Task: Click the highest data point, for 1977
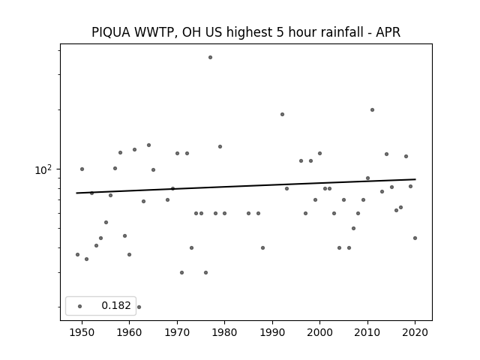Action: (x=210, y=57)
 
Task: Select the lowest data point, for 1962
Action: (x=139, y=307)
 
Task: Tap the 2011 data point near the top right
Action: (x=372, y=110)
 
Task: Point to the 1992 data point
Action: (x=282, y=115)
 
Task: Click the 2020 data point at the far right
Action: (x=415, y=238)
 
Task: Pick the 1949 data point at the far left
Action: (x=77, y=255)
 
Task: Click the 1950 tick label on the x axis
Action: (x=82, y=333)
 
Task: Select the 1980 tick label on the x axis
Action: (x=224, y=333)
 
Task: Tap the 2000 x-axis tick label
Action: (x=319, y=333)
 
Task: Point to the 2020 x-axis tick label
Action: (x=415, y=333)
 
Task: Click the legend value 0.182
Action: (x=116, y=305)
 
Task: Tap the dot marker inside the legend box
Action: (x=80, y=306)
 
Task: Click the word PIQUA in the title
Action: (x=111, y=32)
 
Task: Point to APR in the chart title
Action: (x=388, y=32)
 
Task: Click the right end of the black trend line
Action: (x=415, y=179)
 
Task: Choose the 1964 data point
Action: (x=148, y=145)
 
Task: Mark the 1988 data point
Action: (x=262, y=248)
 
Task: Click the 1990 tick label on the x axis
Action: (x=272, y=333)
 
